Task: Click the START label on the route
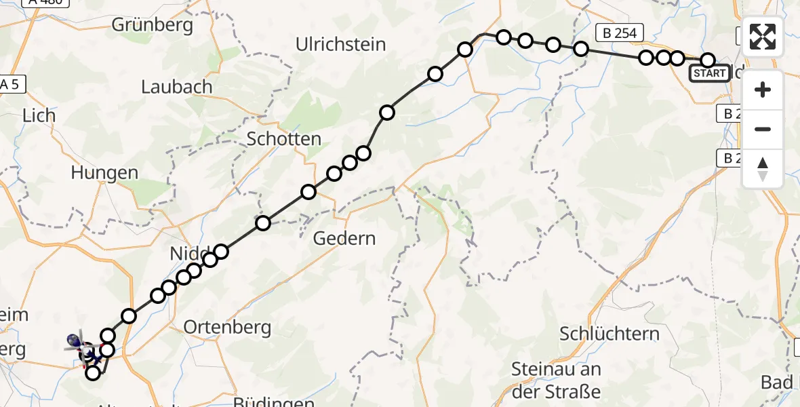pos(709,73)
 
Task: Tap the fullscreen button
pos(763,37)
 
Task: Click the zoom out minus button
pos(763,129)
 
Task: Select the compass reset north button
pos(763,168)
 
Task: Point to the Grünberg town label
pos(152,26)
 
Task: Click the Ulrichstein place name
pos(341,45)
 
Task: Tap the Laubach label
pos(177,87)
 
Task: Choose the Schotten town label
pos(284,139)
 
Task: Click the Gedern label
pos(344,239)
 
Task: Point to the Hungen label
pos(104,173)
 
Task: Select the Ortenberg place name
pos(228,328)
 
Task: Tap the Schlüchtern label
pos(609,334)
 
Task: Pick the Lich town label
pos(39,115)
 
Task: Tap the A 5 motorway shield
pos(9,84)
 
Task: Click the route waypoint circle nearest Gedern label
pos(308,191)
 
